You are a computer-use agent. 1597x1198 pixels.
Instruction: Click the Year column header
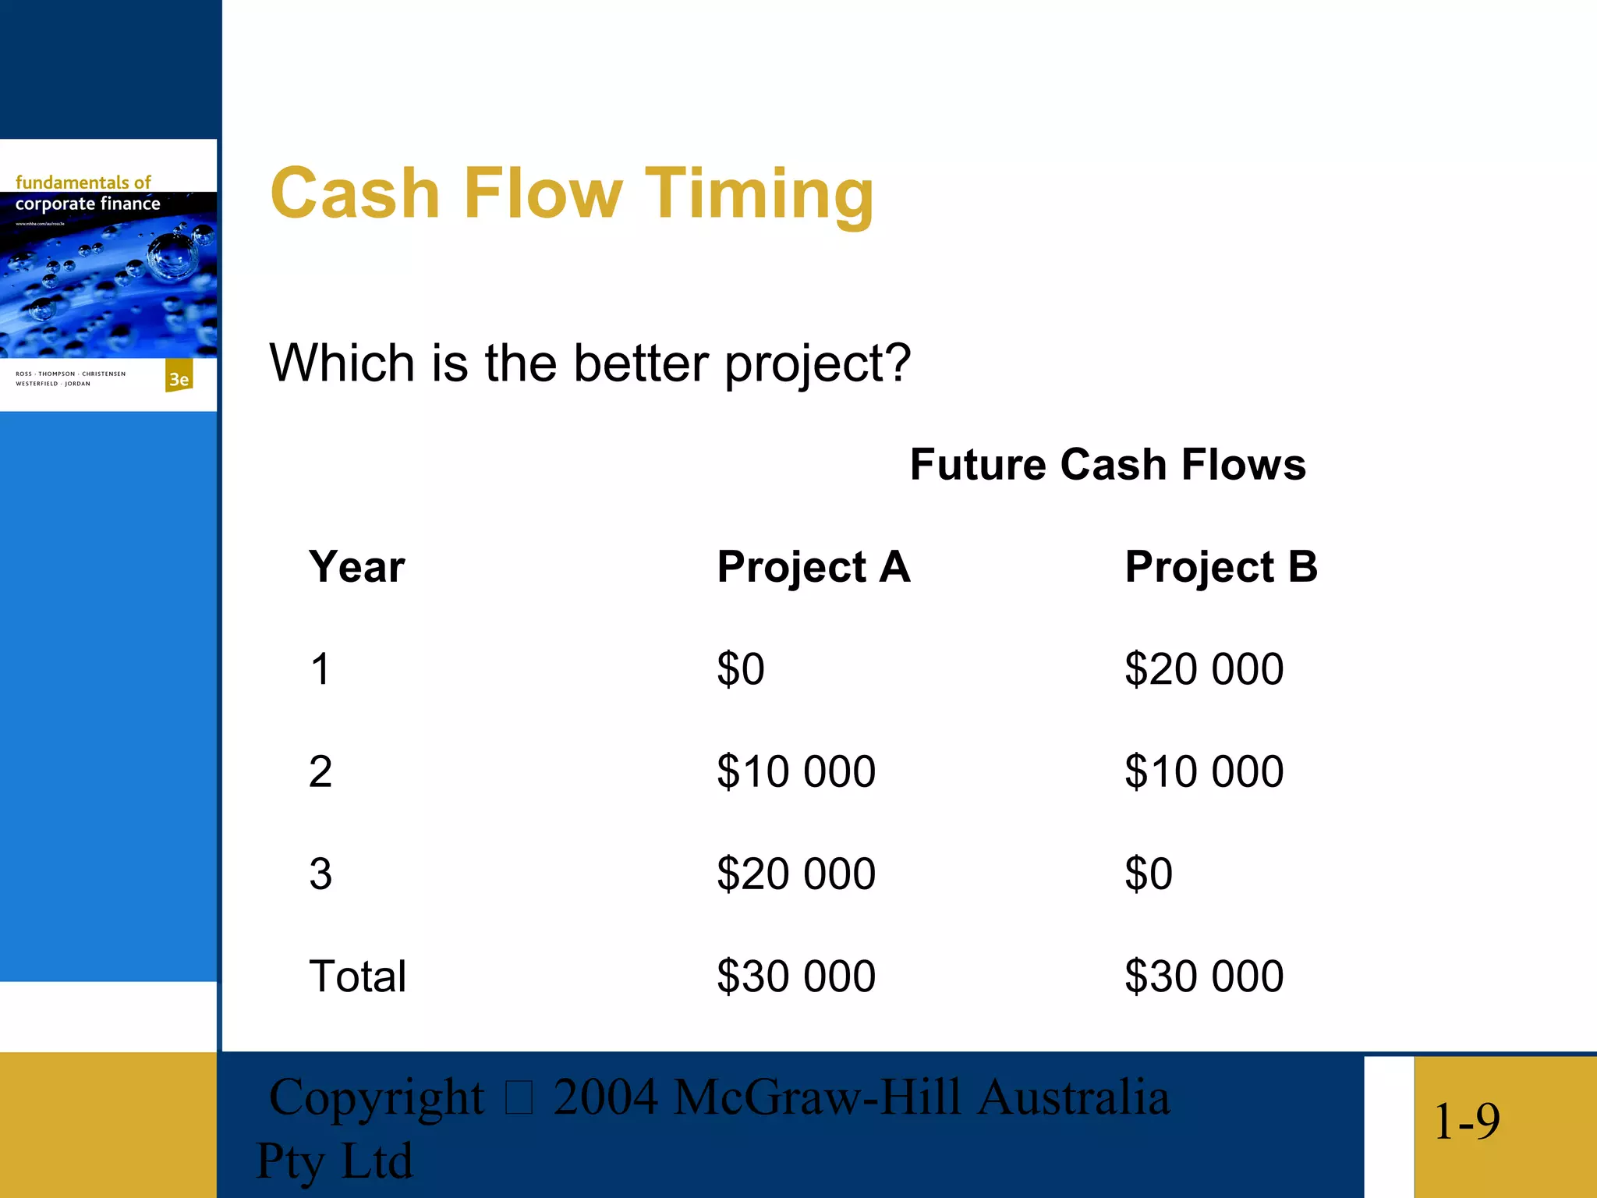(x=357, y=566)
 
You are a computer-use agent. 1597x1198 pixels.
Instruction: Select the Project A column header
(x=813, y=566)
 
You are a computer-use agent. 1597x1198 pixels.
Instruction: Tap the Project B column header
(x=1221, y=566)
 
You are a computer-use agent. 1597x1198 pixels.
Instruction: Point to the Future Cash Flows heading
(x=1107, y=465)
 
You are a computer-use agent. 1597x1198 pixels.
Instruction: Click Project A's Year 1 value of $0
(x=741, y=669)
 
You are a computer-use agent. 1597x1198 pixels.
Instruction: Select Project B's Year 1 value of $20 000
(x=1204, y=669)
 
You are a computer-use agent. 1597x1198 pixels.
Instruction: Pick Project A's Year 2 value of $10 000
(x=796, y=771)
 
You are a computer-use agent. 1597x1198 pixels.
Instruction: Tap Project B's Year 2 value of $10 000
(x=1204, y=771)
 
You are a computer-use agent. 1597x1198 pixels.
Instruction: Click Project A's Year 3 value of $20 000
(x=796, y=874)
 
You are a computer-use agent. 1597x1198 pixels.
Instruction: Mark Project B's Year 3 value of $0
(x=1149, y=874)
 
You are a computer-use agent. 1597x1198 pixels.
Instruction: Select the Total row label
(x=357, y=976)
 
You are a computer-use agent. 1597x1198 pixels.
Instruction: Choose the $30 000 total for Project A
(x=796, y=976)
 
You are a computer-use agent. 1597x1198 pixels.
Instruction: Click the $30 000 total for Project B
(x=1204, y=976)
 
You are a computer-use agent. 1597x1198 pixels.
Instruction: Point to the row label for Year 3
(x=320, y=874)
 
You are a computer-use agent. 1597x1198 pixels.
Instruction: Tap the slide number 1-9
(x=1466, y=1122)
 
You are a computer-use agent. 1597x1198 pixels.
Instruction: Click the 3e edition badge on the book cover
(x=179, y=378)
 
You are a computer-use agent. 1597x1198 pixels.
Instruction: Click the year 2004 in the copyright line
(x=605, y=1097)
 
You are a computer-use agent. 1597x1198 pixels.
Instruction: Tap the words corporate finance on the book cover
(x=87, y=204)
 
